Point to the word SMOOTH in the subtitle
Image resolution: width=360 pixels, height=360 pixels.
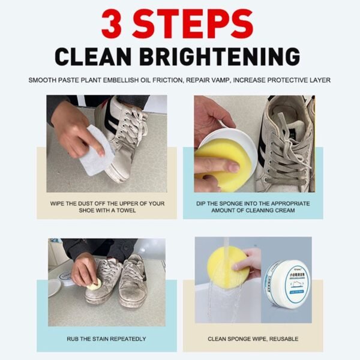click(44, 80)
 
